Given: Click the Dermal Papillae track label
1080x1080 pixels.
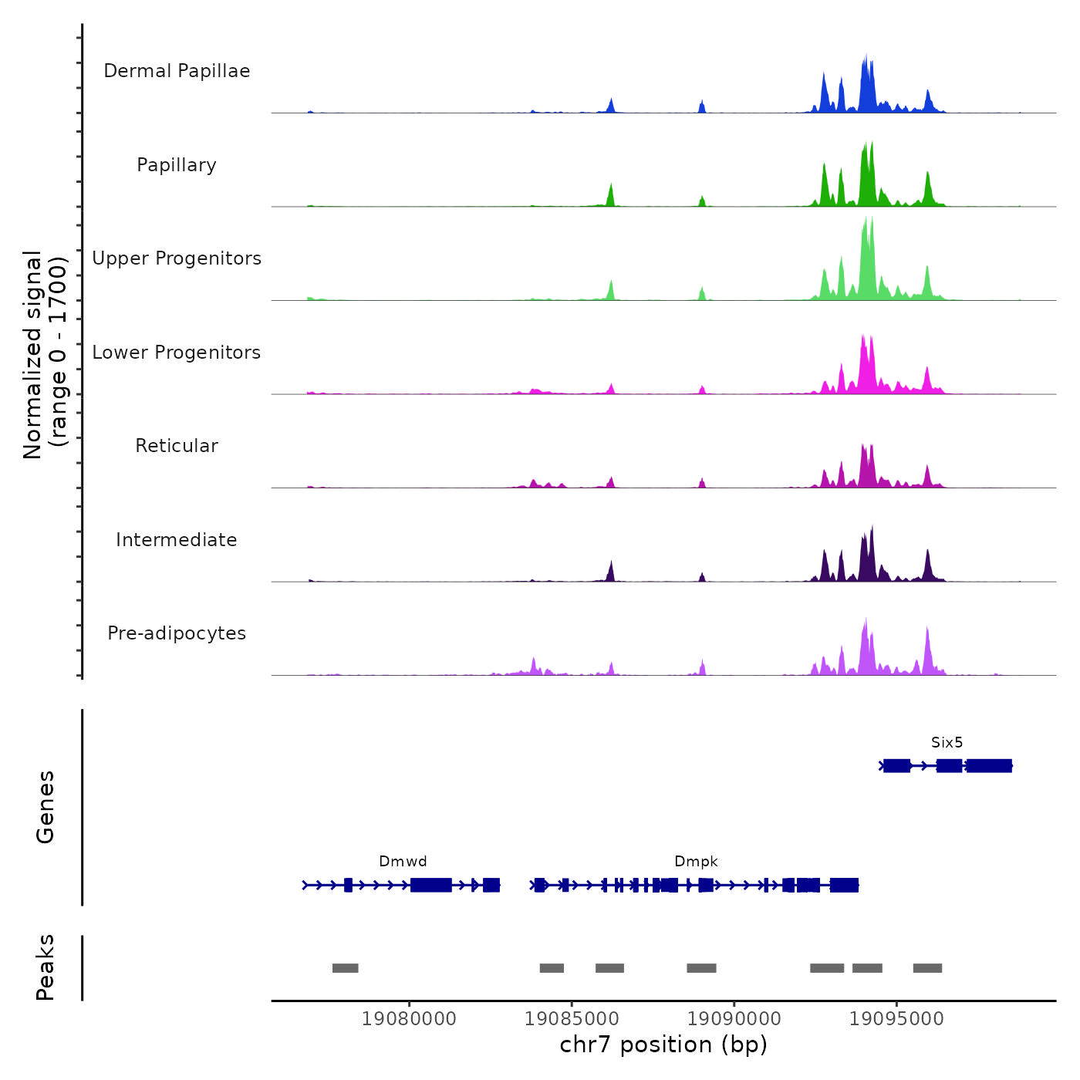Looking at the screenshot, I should click(177, 71).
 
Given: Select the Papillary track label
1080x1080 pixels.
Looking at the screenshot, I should click(177, 165).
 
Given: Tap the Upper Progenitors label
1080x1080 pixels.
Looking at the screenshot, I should click(177, 258).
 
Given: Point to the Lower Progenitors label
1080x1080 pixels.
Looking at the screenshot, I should click(177, 353).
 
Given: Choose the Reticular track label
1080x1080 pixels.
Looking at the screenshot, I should click(177, 446).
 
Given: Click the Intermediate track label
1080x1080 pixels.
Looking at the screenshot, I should click(177, 540).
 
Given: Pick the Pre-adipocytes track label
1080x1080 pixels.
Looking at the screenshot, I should click(177, 633).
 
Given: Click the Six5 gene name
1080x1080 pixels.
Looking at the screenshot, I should click(947, 743).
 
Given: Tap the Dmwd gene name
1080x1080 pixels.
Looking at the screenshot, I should click(403, 862).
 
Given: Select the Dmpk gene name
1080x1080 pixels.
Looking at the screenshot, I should click(696, 862).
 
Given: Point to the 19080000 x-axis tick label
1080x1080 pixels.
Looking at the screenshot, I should click(409, 1019).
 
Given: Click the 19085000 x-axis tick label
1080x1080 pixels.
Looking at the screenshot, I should click(572, 1019).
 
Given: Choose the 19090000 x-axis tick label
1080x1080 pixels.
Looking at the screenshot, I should click(734, 1019).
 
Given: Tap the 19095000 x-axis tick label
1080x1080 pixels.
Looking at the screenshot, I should click(896, 1019).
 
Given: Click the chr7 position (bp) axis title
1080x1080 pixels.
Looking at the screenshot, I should click(663, 1045).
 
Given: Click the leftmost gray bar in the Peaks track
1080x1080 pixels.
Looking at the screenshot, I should click(345, 968).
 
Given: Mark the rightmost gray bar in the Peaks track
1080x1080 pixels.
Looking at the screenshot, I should click(927, 968).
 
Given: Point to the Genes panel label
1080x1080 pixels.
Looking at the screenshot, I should click(46, 807).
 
